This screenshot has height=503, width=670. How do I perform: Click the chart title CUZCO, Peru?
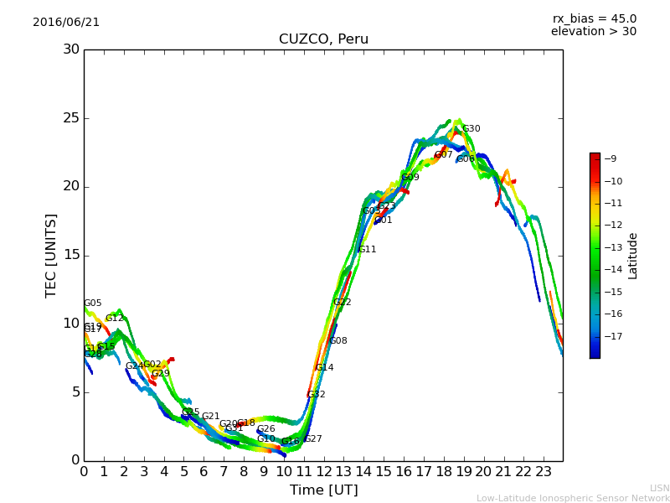pyautogui.click(x=323, y=39)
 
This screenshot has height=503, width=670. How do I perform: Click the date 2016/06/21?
pyautogui.click(x=66, y=23)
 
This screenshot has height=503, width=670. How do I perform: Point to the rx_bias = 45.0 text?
pyautogui.click(x=594, y=19)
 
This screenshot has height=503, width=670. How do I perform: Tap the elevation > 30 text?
pyautogui.click(x=594, y=32)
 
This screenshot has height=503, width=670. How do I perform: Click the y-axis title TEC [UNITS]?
pyautogui.click(x=52, y=255)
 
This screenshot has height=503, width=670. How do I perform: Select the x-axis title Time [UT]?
pyautogui.click(x=323, y=490)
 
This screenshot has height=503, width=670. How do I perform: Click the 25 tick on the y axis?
pyautogui.click(x=71, y=118)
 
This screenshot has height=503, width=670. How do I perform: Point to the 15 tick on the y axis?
pyautogui.click(x=71, y=256)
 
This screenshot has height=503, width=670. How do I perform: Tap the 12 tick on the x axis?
pyautogui.click(x=323, y=471)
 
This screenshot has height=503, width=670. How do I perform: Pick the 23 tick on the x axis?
pyautogui.click(x=543, y=471)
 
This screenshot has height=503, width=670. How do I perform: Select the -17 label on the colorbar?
pyautogui.click(x=611, y=336)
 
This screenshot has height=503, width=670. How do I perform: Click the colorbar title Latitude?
pyautogui.click(x=633, y=256)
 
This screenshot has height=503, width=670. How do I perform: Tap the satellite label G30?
pyautogui.click(x=472, y=129)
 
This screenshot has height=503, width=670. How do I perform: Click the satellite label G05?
pyautogui.click(x=93, y=303)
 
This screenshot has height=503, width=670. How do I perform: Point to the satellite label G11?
pyautogui.click(x=367, y=250)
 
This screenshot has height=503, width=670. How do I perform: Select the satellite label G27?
pyautogui.click(x=313, y=439)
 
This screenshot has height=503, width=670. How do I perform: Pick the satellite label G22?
pyautogui.click(x=343, y=303)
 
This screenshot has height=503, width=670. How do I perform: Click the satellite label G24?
pyautogui.click(x=134, y=366)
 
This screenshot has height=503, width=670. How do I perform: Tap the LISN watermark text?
pyautogui.click(x=660, y=488)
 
